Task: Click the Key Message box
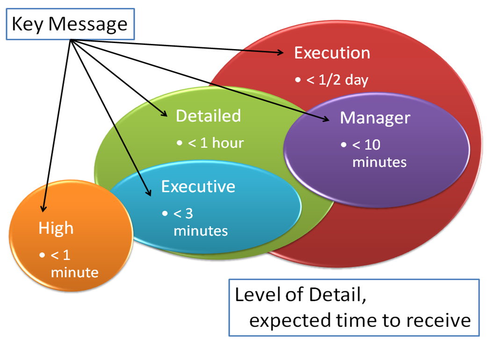[69, 24]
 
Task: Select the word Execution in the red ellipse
[332, 53]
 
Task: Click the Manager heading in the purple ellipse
[375, 117]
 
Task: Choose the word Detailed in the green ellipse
[208, 115]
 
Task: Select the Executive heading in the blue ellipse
[198, 186]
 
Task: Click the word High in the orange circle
[56, 228]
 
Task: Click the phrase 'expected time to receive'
[359, 321]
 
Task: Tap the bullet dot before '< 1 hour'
[180, 143]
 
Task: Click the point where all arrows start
[71, 40]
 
